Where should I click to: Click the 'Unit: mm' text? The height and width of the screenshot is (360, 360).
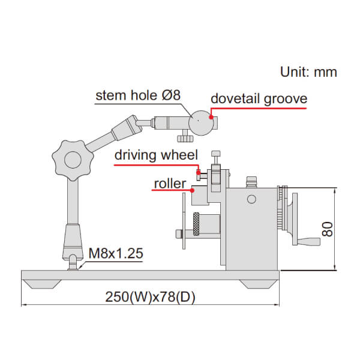point(308,72)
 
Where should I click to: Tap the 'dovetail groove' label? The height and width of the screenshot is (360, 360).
point(259,98)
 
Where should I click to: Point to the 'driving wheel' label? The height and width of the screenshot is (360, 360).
point(156,155)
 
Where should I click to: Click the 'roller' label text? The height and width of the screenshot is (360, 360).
point(170,183)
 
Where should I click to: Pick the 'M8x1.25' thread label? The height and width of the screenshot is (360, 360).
point(115,253)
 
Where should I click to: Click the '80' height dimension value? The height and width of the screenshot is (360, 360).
point(327,229)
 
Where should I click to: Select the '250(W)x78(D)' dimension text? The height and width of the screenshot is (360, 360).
point(151,296)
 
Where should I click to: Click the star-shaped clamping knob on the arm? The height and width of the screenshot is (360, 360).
point(72,159)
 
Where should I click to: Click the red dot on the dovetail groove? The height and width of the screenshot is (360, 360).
point(211,118)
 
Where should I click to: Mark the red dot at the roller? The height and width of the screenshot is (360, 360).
point(191,190)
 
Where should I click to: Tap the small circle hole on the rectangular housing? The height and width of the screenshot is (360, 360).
point(252,199)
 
